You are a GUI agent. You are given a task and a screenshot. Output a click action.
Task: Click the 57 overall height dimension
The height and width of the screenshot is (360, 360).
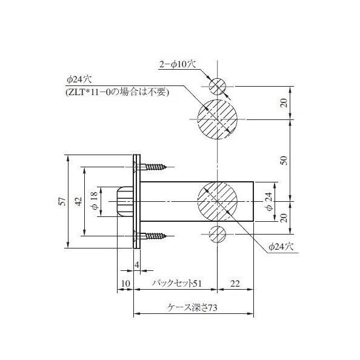tap(62, 202)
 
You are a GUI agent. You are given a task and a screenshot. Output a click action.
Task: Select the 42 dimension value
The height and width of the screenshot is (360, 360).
tap(78, 202)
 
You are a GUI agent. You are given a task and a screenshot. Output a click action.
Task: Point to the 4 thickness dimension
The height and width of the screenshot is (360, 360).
tap(137, 265)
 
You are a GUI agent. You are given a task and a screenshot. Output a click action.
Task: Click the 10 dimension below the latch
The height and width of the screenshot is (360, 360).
tap(125, 283)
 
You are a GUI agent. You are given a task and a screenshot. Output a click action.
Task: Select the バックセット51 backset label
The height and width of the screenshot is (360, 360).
tap(175, 283)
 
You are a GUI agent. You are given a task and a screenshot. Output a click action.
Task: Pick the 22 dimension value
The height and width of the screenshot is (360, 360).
tap(235, 283)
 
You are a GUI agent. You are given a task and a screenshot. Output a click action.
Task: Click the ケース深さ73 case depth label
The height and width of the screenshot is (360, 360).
tap(193, 308)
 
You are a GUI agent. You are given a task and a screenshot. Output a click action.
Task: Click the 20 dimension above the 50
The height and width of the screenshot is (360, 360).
tap(284, 102)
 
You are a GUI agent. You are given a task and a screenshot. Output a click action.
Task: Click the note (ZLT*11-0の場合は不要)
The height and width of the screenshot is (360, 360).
tap(117, 92)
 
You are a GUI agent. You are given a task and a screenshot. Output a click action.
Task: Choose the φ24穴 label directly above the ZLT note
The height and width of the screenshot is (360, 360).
tap(79, 80)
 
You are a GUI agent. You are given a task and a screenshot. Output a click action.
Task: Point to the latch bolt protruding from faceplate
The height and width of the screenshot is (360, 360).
tap(124, 201)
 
